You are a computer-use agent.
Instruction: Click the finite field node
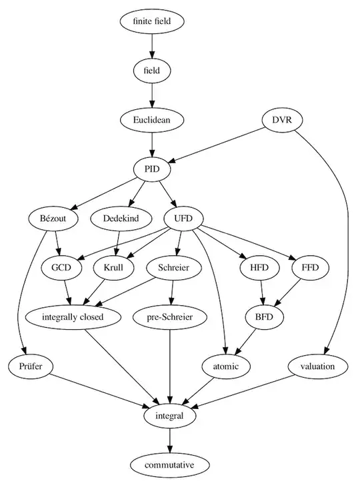pos(152,21)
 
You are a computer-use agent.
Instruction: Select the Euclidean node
pos(152,120)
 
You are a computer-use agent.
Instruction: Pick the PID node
pos(152,169)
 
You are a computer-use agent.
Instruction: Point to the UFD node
pos(183,218)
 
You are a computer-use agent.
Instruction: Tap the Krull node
pos(113,267)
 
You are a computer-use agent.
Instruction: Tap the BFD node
pos(265,316)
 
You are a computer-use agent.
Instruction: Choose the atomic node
pos(226,366)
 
